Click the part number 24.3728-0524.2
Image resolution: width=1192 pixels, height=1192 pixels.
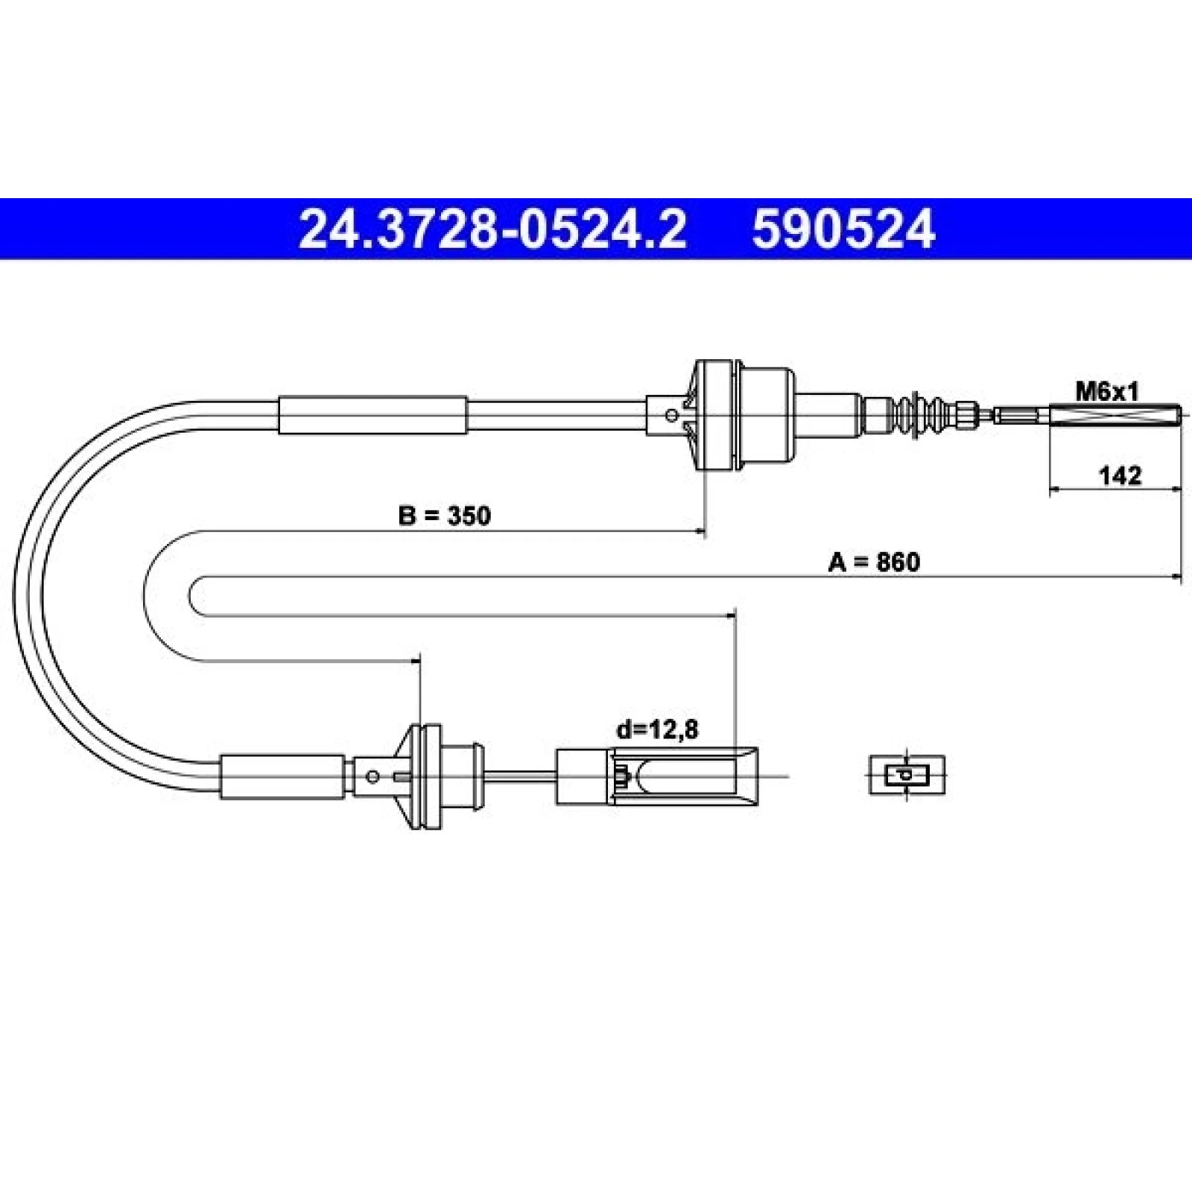492,229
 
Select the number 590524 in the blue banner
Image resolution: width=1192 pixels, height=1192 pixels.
843,229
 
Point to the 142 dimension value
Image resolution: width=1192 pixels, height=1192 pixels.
1120,475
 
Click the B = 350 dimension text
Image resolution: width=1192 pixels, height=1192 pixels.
445,515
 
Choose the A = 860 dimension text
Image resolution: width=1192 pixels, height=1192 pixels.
874,562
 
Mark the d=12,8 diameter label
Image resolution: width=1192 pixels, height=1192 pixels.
657,729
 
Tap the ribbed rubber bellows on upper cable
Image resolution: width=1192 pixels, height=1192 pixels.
918,414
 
